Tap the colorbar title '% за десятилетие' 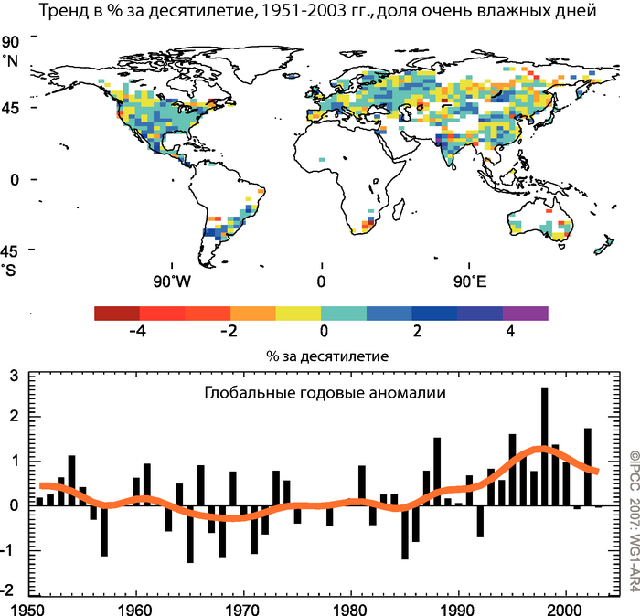pyautogui.click(x=320, y=354)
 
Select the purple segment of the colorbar pyautogui.click(x=525, y=313)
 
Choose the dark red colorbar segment pyautogui.click(x=117, y=313)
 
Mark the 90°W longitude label pyautogui.click(x=172, y=280)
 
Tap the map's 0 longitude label pyautogui.click(x=320, y=280)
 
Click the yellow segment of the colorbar pyautogui.click(x=298, y=313)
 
